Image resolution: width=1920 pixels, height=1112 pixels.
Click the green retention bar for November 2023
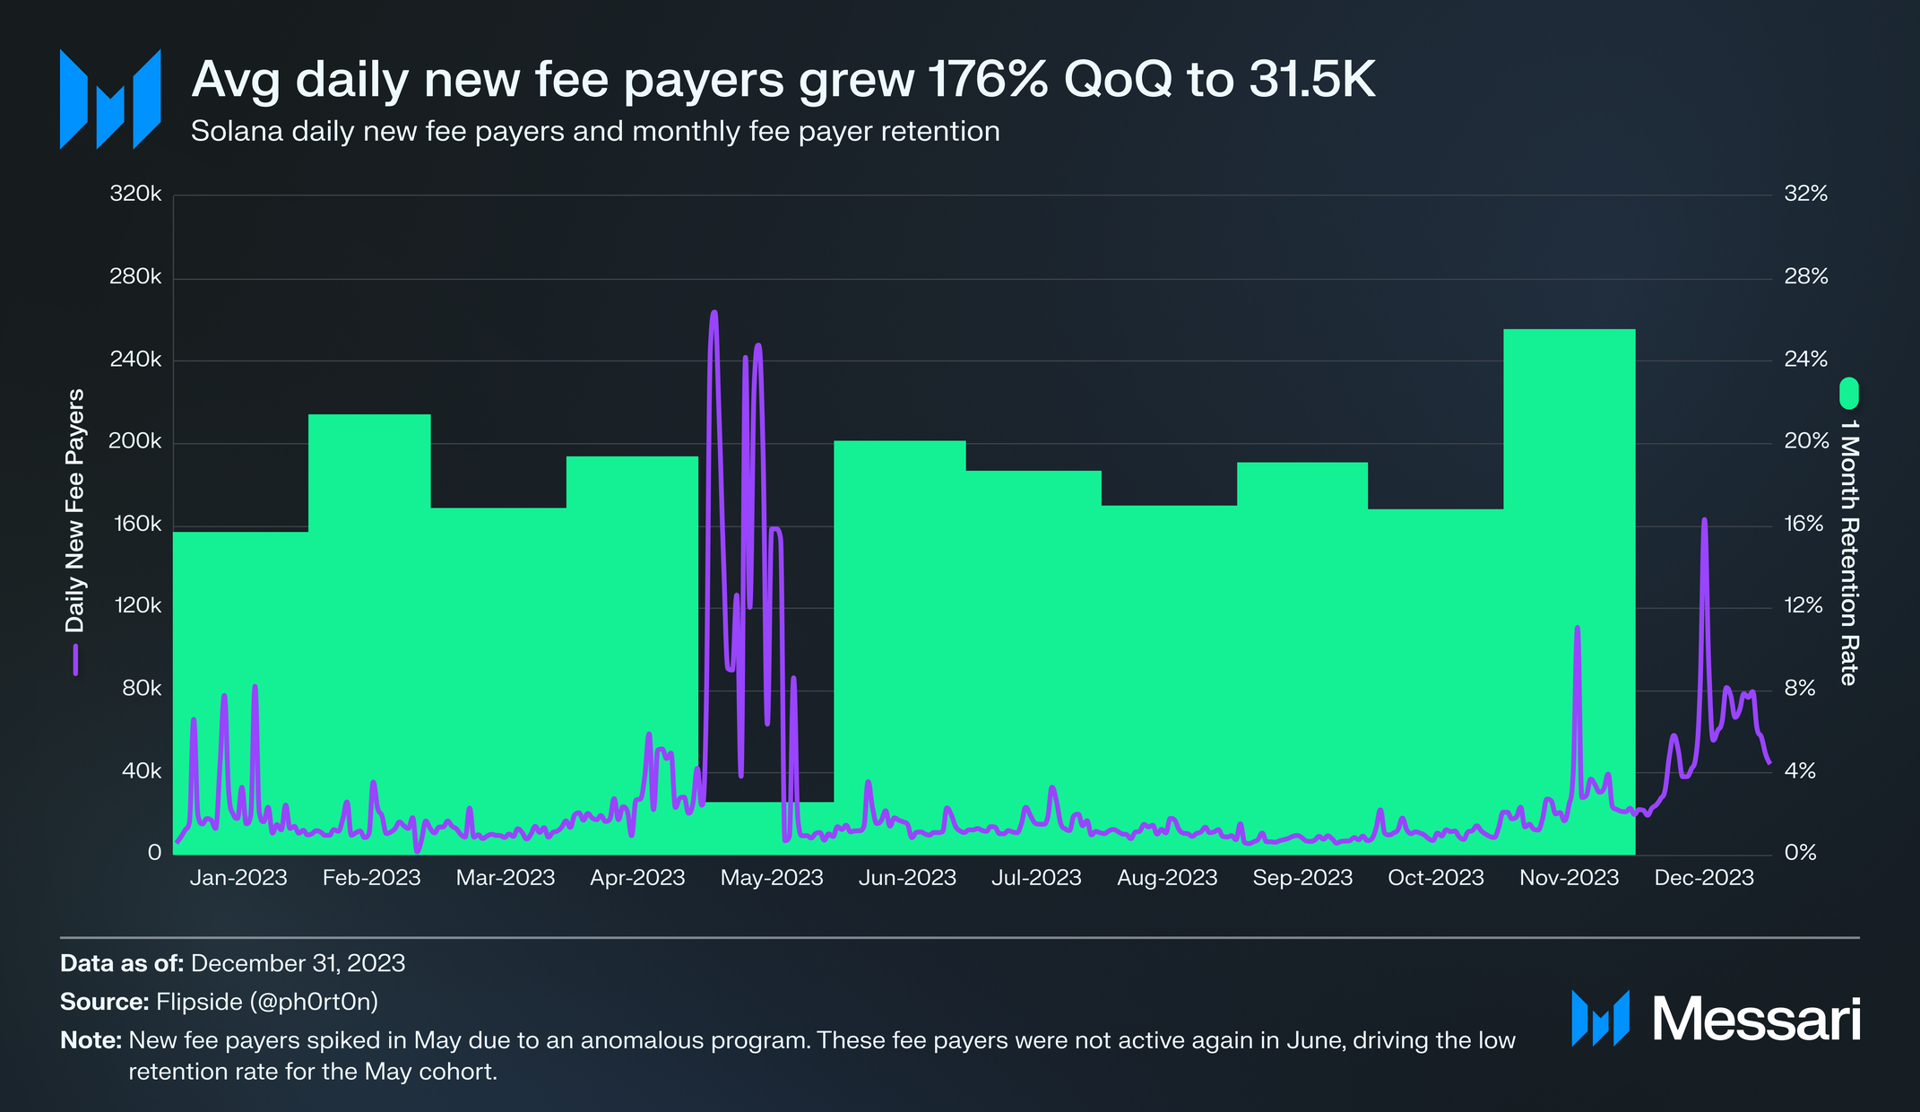click(x=1569, y=592)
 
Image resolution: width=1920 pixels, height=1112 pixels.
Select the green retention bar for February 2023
click(x=369, y=628)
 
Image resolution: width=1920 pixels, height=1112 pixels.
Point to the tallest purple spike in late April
click(x=714, y=314)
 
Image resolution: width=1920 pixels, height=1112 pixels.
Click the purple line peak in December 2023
click(x=1704, y=520)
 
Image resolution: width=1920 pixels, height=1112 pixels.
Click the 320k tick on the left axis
click(x=135, y=194)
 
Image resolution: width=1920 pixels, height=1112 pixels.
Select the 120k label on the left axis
click(x=135, y=605)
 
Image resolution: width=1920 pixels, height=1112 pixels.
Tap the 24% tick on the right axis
click(x=1805, y=359)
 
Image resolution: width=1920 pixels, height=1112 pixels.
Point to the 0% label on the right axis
click(x=1800, y=853)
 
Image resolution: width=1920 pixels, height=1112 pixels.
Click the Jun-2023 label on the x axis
click(x=907, y=878)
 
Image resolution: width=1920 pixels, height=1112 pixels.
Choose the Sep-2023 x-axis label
click(x=1302, y=878)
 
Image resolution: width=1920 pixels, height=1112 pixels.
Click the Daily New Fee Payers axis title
click(x=75, y=509)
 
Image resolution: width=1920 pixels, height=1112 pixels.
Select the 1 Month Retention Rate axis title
click(x=1848, y=552)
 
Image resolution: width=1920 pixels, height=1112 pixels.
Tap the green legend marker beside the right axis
click(x=1848, y=393)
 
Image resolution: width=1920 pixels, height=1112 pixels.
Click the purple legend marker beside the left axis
click(x=75, y=659)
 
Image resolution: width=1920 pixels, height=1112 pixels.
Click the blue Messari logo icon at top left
click(x=110, y=99)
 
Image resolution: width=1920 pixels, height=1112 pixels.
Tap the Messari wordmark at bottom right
click(x=1756, y=1020)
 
